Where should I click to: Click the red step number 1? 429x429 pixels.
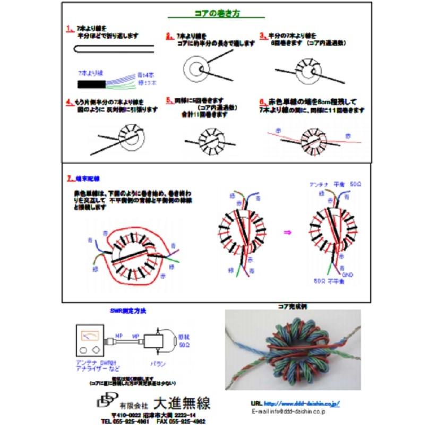(x=70, y=27)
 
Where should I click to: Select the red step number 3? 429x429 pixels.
(x=262, y=36)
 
